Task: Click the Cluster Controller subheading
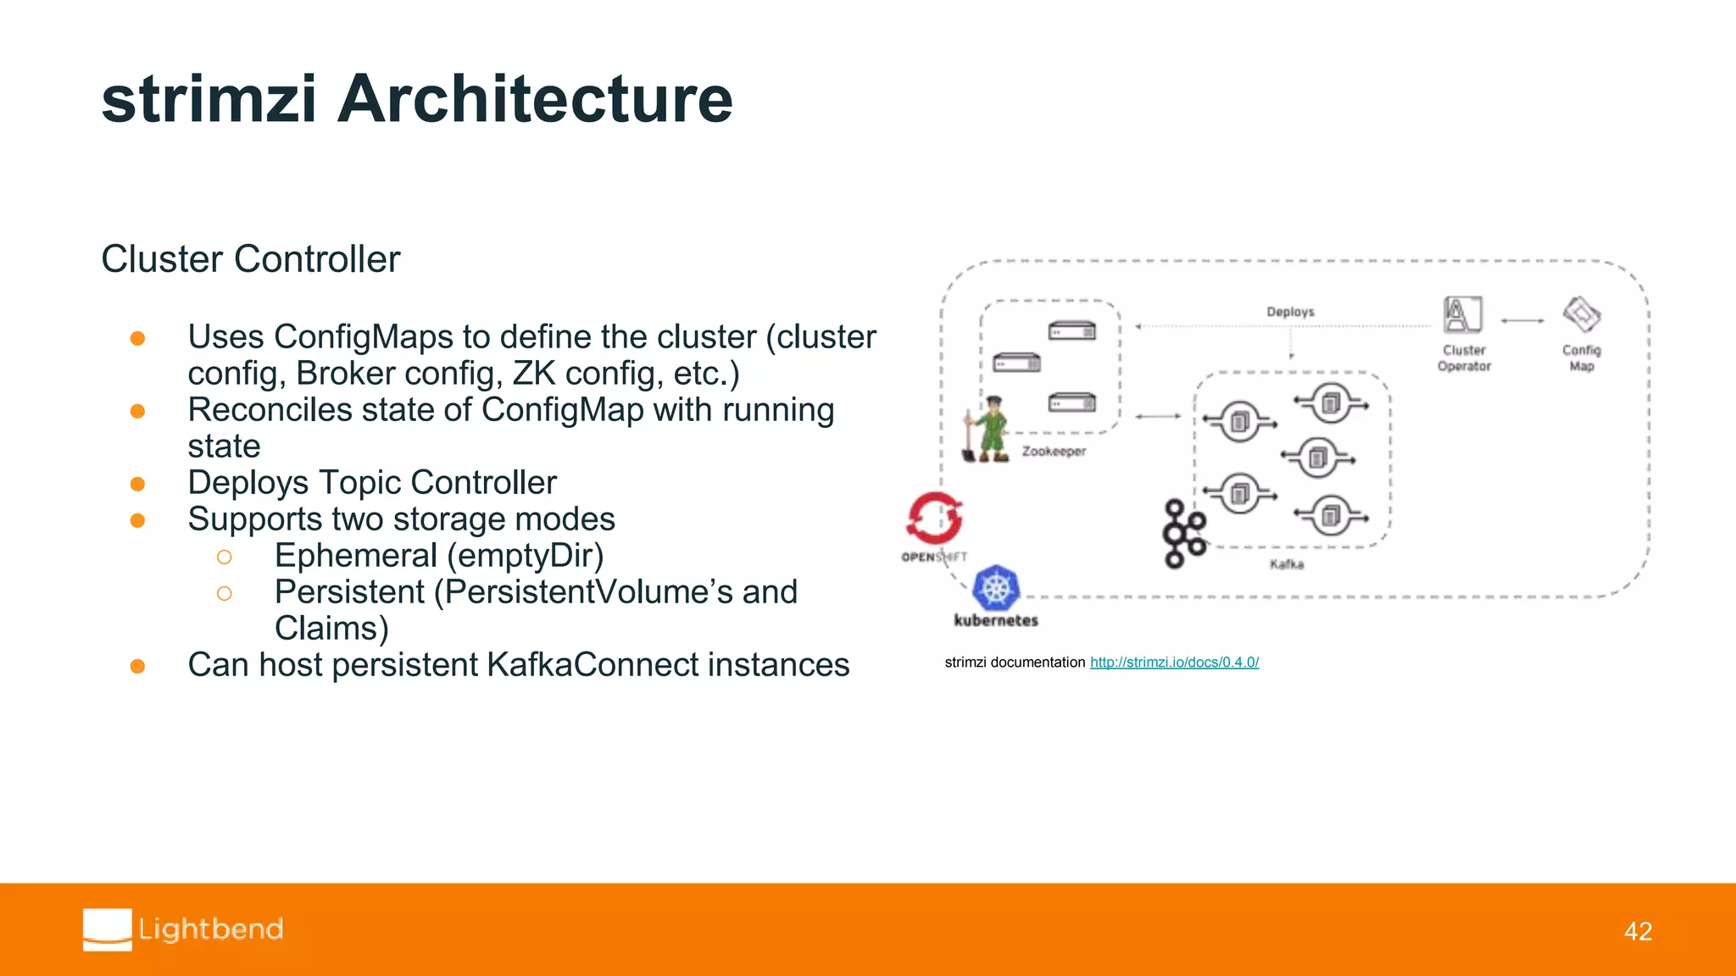coord(250,259)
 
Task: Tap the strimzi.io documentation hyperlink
coord(1174,663)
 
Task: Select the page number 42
coord(1638,931)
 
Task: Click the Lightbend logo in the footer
coord(183,929)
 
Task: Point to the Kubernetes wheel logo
coord(996,588)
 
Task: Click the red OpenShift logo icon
coord(934,518)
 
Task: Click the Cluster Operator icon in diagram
coord(1463,314)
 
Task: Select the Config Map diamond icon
coord(1582,314)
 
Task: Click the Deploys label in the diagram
coord(1290,312)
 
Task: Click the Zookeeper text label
coord(1054,452)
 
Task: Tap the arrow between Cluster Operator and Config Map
coord(1522,320)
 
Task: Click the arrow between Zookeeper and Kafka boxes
coord(1158,416)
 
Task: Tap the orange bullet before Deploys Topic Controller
coord(137,484)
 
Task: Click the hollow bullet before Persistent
coord(224,593)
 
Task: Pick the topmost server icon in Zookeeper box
coord(1071,330)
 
